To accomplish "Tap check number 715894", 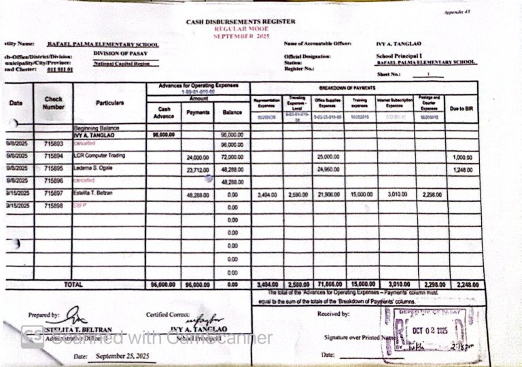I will point(54,156).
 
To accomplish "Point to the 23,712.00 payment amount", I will point(198,169).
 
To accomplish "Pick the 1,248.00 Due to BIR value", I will point(462,169).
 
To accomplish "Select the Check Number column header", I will point(54,103).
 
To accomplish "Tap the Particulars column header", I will point(109,103).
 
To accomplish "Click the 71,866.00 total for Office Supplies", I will point(328,285).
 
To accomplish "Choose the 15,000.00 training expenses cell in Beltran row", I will point(361,194).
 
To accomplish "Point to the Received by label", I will point(333,314).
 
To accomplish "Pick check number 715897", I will point(54,194).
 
